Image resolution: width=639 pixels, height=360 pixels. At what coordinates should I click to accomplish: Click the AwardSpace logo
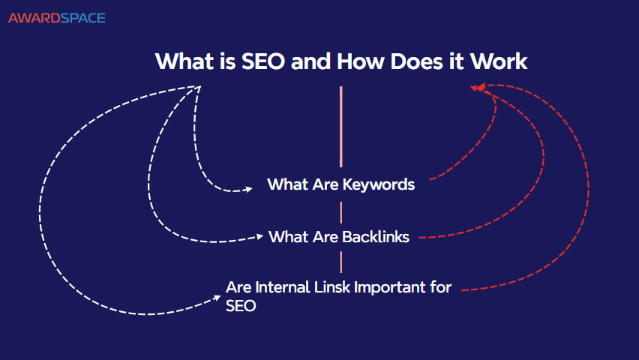[x=56, y=17]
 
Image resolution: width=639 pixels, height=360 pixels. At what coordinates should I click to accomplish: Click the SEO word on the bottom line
[x=241, y=306]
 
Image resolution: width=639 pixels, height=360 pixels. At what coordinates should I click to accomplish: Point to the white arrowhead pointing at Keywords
[x=248, y=190]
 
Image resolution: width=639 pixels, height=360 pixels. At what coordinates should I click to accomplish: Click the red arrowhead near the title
[x=475, y=88]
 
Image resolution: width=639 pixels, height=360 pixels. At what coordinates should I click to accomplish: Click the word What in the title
[x=180, y=61]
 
